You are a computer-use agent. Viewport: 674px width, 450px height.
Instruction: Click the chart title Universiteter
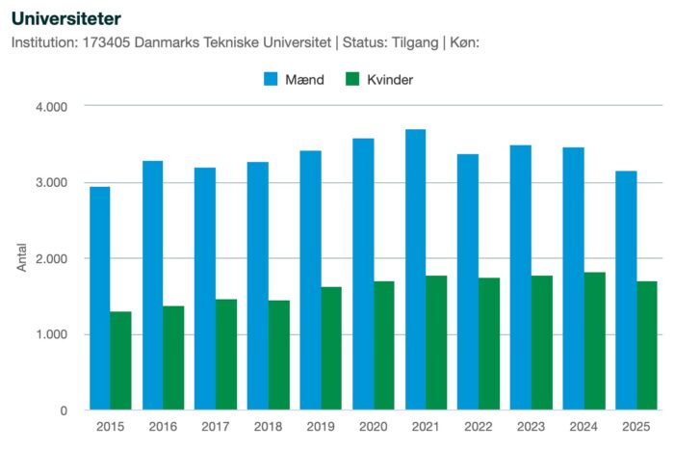[x=66, y=17]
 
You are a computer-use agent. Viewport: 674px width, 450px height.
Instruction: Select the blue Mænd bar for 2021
[x=415, y=270]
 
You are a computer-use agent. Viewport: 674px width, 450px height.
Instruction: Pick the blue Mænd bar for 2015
[x=100, y=298]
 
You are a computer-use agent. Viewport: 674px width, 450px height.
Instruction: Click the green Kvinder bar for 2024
[x=594, y=341]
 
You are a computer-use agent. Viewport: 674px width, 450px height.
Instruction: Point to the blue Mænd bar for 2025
[x=626, y=290]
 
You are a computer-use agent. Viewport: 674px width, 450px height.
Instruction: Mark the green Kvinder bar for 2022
[x=489, y=344]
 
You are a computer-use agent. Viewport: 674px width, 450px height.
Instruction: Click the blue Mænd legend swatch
[x=272, y=80]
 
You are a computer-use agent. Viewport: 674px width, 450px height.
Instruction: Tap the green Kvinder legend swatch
[x=352, y=80]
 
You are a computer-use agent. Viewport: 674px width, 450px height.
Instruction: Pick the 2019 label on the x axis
[x=321, y=426]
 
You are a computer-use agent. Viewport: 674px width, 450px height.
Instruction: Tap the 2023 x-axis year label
[x=531, y=426]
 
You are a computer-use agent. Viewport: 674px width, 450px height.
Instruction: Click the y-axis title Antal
[x=22, y=258]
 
